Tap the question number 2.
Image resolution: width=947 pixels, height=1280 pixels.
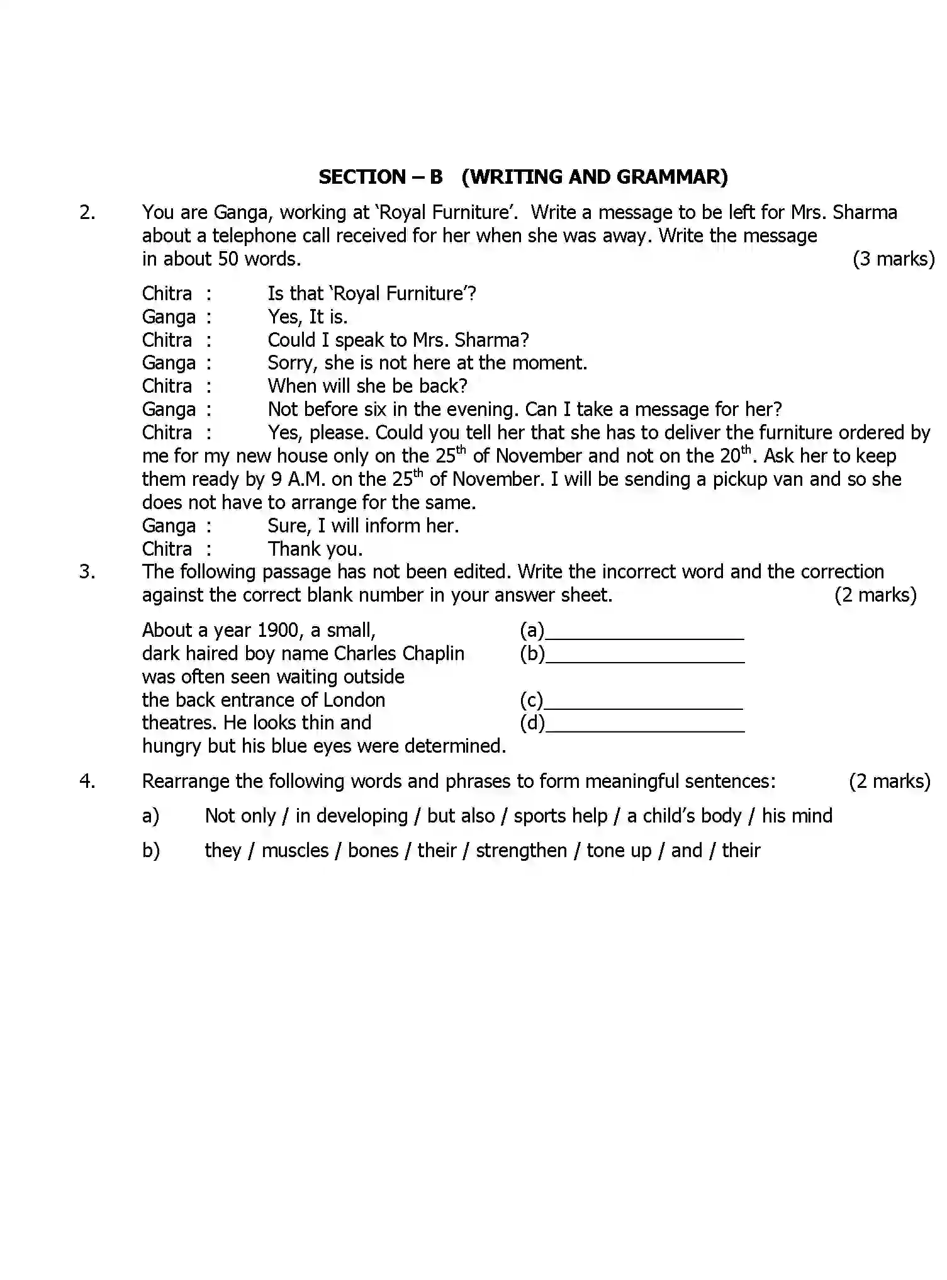click(x=87, y=213)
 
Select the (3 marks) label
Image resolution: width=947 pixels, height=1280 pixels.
click(x=894, y=259)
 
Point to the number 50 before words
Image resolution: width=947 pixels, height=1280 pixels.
click(x=228, y=259)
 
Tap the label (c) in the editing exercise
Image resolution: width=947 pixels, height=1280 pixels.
click(x=531, y=700)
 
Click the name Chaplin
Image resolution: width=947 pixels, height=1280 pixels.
click(x=434, y=654)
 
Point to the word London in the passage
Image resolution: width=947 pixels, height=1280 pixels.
click(x=354, y=700)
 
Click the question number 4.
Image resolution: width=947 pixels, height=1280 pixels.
click(x=87, y=782)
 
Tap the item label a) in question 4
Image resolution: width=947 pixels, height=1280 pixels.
click(x=150, y=816)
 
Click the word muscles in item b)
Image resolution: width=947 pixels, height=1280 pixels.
click(x=295, y=851)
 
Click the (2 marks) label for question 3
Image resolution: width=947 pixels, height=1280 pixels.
click(x=875, y=595)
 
